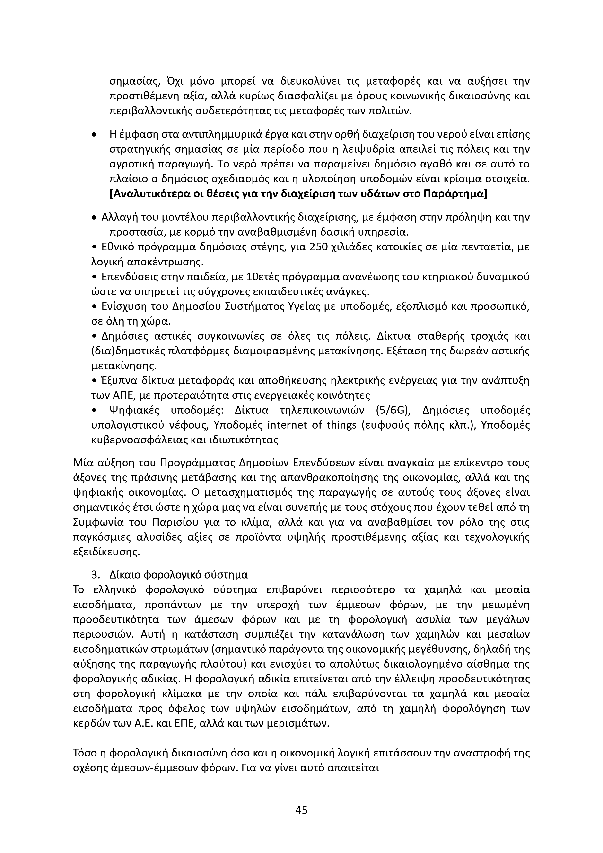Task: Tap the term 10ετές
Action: coord(263,277)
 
